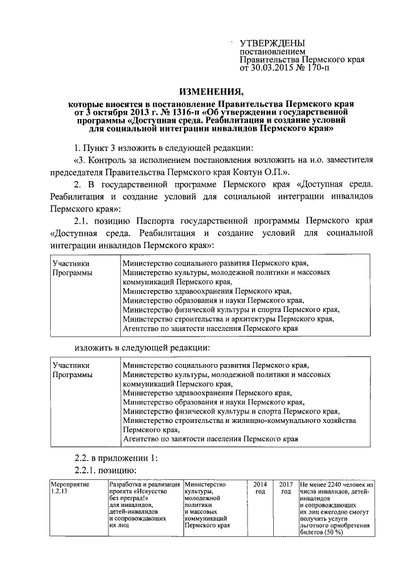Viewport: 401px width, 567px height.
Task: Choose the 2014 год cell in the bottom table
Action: click(259, 489)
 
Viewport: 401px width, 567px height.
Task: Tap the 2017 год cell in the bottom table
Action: click(286, 489)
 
